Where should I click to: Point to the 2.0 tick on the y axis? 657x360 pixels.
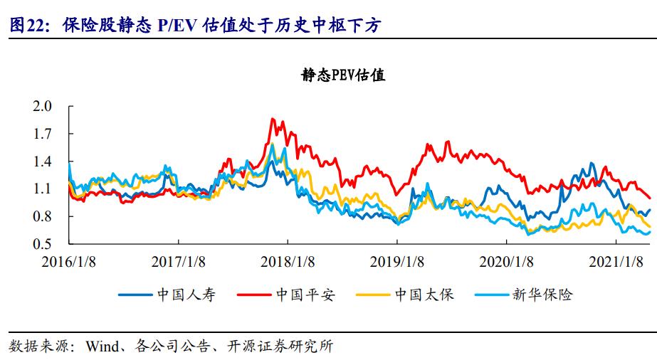(43, 107)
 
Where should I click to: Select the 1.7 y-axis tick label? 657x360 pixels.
(43, 134)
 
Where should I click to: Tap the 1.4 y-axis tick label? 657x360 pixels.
(43, 162)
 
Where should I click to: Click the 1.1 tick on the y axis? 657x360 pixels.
(43, 189)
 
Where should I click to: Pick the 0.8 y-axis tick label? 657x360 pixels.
(43, 216)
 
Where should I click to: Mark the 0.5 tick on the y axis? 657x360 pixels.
(43, 244)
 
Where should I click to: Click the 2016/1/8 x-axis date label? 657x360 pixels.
(69, 260)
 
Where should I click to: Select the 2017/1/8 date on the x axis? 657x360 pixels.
(179, 260)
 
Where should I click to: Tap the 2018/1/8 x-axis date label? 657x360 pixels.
(288, 260)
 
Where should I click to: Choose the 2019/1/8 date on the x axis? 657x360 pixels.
(397, 260)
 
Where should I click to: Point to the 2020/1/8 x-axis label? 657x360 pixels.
(506, 260)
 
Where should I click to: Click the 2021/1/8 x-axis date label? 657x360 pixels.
(616, 260)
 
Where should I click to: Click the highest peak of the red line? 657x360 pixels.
(273, 119)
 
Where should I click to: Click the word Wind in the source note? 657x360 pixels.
(100, 346)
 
